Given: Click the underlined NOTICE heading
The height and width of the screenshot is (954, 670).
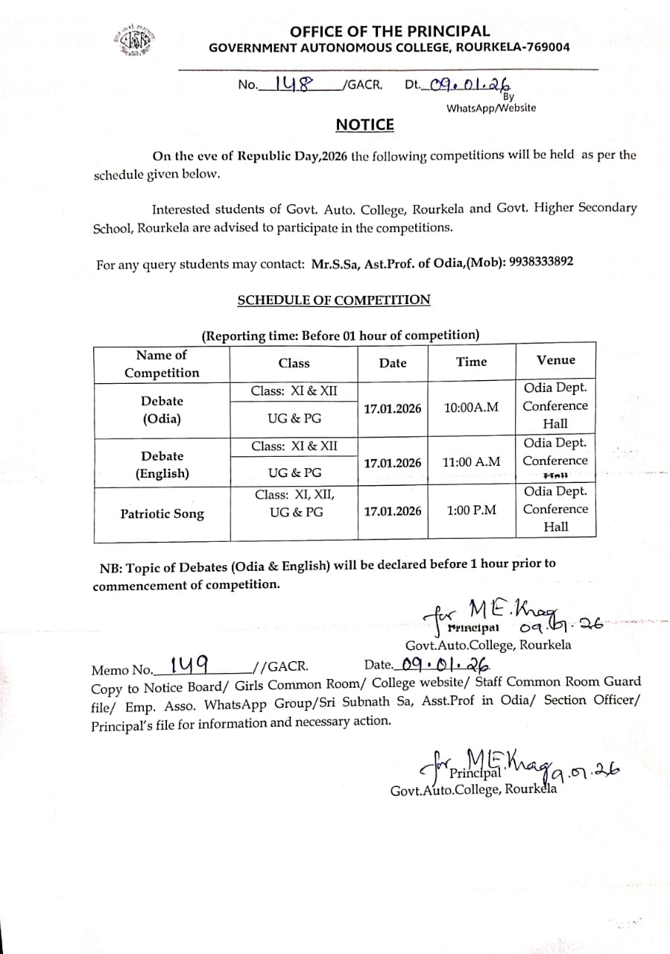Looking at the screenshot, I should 364,124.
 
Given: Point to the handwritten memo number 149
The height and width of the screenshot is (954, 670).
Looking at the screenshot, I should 189,663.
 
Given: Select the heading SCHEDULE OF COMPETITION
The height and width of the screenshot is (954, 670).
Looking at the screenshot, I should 333,300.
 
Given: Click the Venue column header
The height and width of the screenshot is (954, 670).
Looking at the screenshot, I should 556,360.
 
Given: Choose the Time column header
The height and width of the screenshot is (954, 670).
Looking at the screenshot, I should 471,361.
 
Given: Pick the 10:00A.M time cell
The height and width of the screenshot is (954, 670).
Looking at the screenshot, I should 471,408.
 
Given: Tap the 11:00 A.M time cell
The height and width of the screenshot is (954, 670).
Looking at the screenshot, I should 471,462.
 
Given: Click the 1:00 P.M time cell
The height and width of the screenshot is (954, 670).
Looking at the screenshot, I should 471,511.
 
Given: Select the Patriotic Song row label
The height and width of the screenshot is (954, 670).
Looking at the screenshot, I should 162,514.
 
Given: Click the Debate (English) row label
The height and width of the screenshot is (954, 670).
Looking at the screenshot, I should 162,464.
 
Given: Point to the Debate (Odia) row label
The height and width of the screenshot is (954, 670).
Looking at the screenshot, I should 162,409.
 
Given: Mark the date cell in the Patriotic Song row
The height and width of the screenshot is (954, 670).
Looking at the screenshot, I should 392,511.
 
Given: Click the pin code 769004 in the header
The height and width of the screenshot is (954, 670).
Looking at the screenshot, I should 546,47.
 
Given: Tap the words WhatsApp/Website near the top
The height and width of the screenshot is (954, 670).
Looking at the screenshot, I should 490,108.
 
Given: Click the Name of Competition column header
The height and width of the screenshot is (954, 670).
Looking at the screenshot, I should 162,364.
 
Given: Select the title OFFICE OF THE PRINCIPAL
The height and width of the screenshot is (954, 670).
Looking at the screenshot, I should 390,31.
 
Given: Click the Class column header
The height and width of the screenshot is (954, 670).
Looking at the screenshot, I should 294,363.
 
